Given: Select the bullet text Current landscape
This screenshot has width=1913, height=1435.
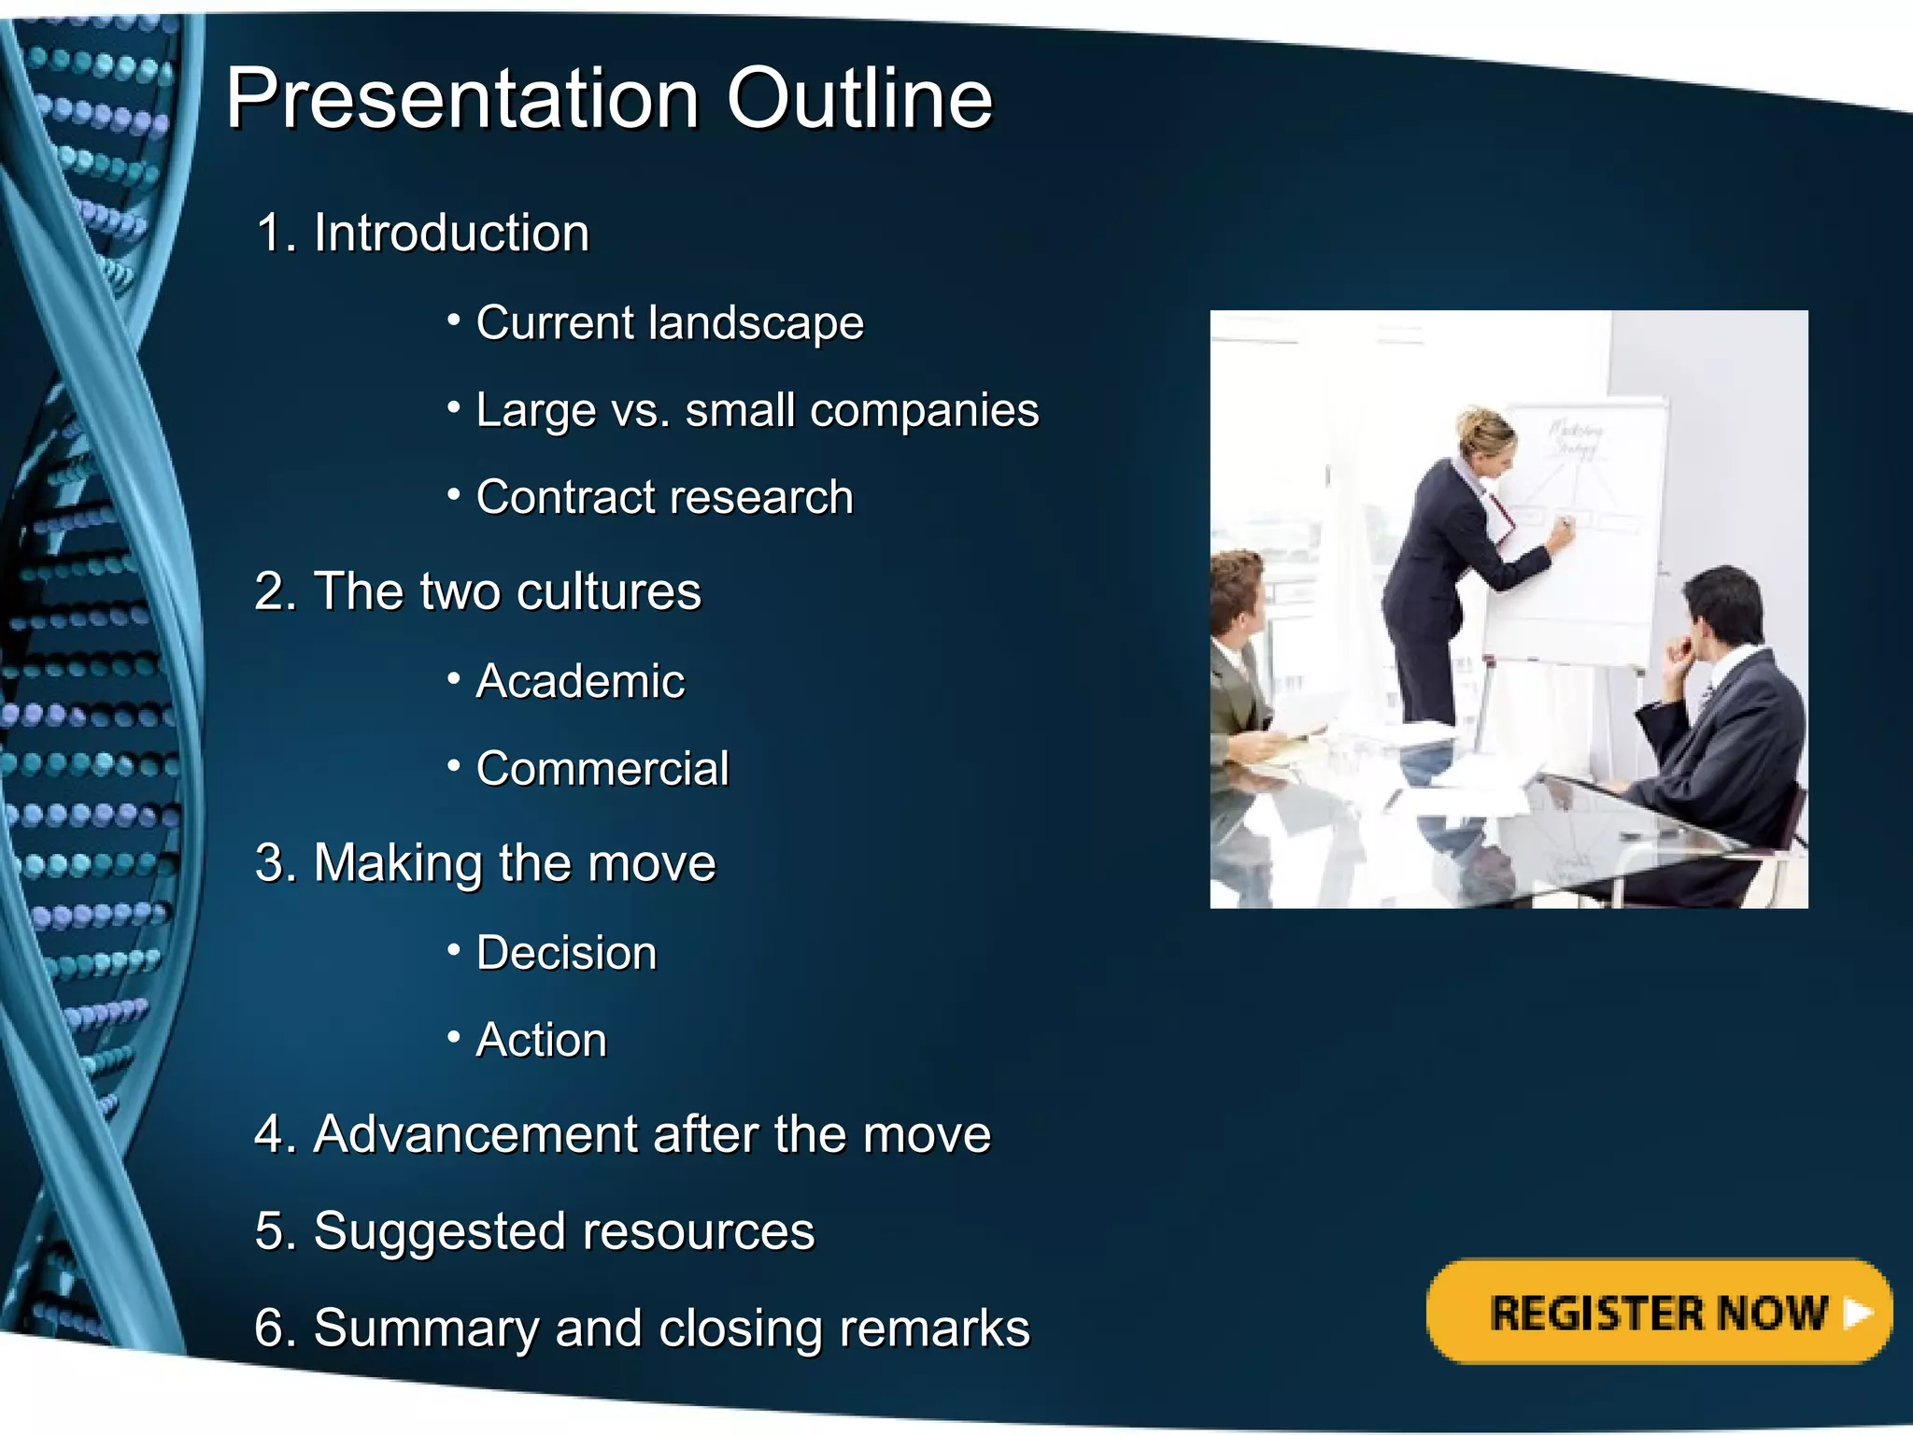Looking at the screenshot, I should (669, 322).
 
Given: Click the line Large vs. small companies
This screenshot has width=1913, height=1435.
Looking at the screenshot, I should (757, 410).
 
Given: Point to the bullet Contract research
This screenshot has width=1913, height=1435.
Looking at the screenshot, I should (664, 497).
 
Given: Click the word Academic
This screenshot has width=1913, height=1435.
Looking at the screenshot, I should (580, 680).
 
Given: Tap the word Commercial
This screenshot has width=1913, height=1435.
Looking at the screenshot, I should (602, 768).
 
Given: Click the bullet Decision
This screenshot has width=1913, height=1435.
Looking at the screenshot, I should (566, 952).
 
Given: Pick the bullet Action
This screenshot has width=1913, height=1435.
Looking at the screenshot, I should (542, 1040).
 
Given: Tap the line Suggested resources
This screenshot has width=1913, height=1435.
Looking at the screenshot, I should (535, 1230).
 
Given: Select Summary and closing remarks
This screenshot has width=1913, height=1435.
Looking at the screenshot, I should (643, 1328).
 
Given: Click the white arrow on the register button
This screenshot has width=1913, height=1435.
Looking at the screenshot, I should (1858, 1313).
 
